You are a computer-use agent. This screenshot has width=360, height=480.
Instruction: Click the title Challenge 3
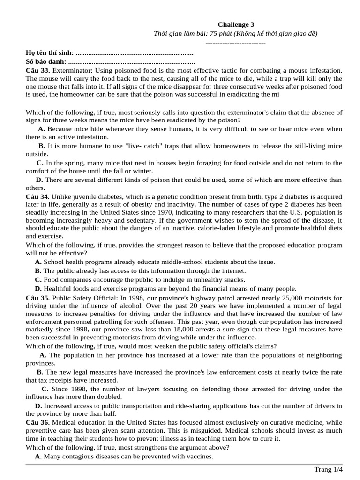pyautogui.click(x=236, y=24)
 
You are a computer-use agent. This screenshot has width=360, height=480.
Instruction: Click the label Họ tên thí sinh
pyautogui.click(x=50, y=52)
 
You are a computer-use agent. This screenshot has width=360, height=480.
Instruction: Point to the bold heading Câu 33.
pyautogui.click(x=37, y=70)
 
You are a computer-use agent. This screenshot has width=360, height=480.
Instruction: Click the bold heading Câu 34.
pyautogui.click(x=37, y=196)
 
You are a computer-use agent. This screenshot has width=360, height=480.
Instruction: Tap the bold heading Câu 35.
pyautogui.click(x=37, y=298)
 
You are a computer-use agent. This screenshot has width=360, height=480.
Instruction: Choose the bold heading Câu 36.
pyautogui.click(x=37, y=422)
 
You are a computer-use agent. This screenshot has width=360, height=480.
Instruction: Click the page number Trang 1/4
pyautogui.click(x=328, y=469)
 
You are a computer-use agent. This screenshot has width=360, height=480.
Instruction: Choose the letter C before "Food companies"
pyautogui.click(x=38, y=280)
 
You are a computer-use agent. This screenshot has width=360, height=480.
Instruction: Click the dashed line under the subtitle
pyautogui.click(x=236, y=43)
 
